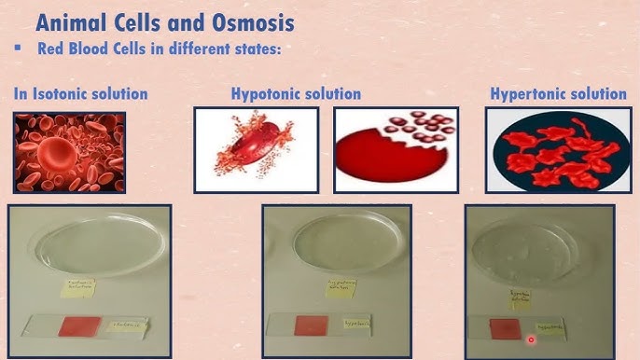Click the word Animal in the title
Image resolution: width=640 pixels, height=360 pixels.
[72, 20]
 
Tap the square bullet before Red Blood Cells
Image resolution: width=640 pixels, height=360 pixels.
[17, 47]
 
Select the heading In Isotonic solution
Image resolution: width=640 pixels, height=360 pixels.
[80, 93]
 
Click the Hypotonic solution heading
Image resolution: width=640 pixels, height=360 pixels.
[296, 93]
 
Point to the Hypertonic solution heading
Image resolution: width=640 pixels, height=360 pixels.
[558, 93]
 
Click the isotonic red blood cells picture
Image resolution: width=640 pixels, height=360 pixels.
[69, 153]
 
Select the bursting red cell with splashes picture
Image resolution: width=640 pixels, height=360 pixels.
[256, 149]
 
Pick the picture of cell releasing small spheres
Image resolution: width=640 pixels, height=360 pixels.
[397, 149]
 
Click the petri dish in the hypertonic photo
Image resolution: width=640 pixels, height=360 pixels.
[539, 244]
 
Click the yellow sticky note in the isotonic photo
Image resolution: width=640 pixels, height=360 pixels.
[83, 290]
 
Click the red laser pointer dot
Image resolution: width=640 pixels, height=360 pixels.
[531, 339]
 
